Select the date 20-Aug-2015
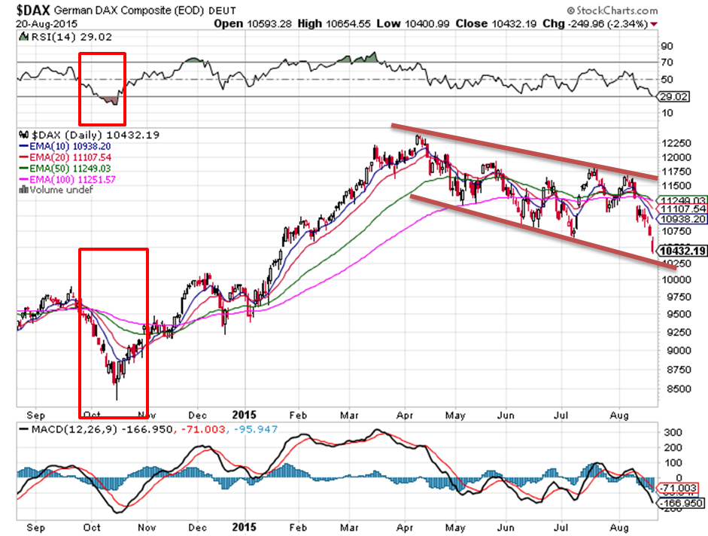click(42, 23)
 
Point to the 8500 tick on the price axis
click(674, 389)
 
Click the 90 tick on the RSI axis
click(667, 45)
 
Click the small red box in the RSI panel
click(102, 89)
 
